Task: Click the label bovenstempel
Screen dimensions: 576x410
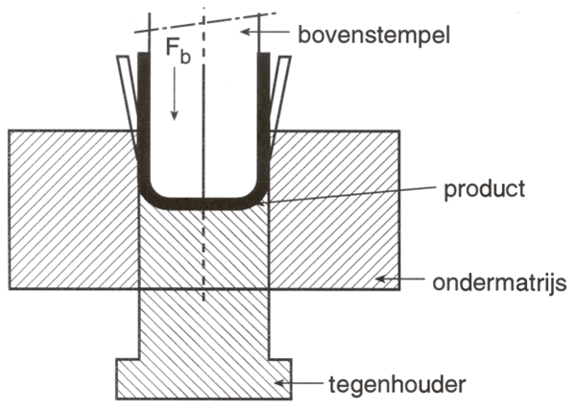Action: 373,36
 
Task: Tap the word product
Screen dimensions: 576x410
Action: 485,190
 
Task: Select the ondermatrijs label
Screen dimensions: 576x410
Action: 499,283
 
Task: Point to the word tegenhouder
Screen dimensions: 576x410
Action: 397,384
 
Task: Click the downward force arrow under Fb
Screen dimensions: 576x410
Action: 175,94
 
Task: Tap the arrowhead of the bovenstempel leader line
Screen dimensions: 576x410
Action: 246,32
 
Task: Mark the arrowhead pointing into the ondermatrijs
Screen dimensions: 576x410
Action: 381,279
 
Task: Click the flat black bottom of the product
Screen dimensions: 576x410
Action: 204,204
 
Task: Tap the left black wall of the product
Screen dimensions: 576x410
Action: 144,117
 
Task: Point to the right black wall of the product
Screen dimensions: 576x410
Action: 263,117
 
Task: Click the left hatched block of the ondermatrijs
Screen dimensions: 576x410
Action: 74,210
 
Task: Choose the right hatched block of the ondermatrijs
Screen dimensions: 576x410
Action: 334,210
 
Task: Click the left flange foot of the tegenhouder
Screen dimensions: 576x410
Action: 127,379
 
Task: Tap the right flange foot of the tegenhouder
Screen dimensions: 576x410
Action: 280,379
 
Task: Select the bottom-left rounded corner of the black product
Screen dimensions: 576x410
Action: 148,197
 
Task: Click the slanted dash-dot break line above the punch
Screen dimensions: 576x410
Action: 205,23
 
